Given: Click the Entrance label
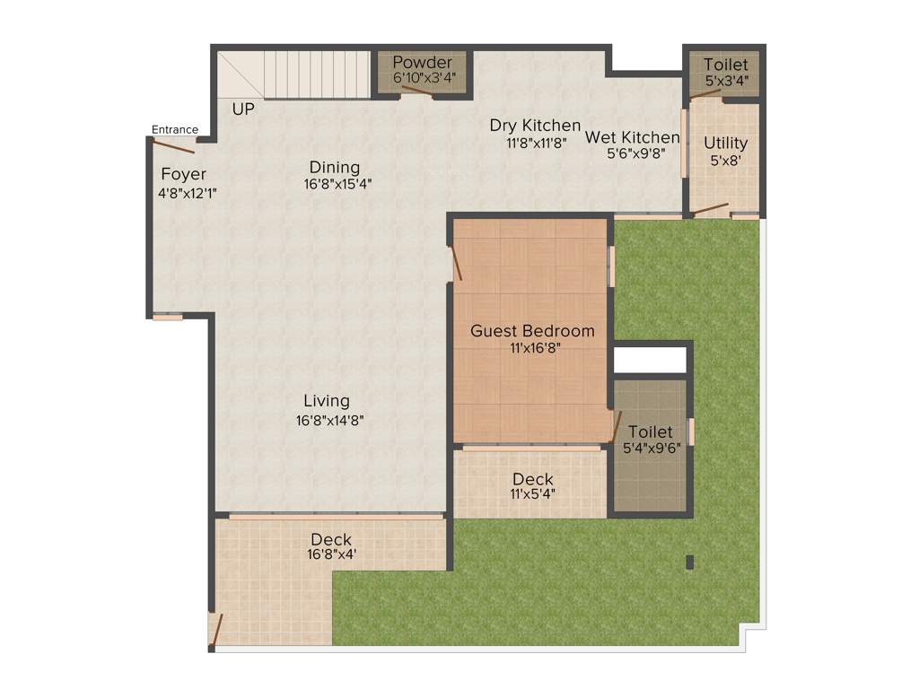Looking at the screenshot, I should pyautogui.click(x=174, y=129).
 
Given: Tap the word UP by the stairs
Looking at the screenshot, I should pyautogui.click(x=242, y=109).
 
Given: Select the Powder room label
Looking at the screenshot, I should pyautogui.click(x=423, y=63).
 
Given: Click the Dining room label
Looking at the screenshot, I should pyautogui.click(x=334, y=167).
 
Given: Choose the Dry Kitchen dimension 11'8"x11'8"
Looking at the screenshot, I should pyautogui.click(x=536, y=143).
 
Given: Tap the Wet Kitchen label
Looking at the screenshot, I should pyautogui.click(x=633, y=137).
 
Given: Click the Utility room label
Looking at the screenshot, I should pyautogui.click(x=725, y=143).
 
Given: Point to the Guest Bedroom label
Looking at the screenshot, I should pyautogui.click(x=532, y=331).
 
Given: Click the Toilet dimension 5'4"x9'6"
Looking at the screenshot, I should pyautogui.click(x=651, y=449).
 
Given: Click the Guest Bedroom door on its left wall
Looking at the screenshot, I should pyautogui.click(x=456, y=264).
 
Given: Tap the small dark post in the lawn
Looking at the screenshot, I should pyautogui.click(x=689, y=563).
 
